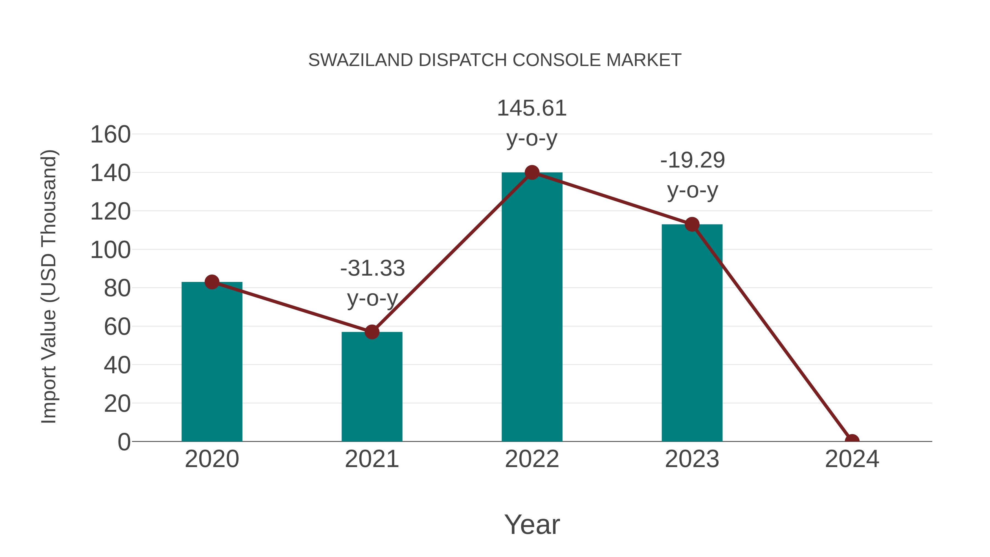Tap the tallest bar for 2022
pos(532,308)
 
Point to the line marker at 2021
pos(372,332)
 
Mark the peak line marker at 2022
pos(532,172)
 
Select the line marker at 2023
pos(692,224)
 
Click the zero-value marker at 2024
pos(852,441)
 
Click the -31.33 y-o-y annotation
pos(372,283)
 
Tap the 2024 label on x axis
pos(852,459)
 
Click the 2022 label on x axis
pos(532,459)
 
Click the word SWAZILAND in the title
pos(361,60)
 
